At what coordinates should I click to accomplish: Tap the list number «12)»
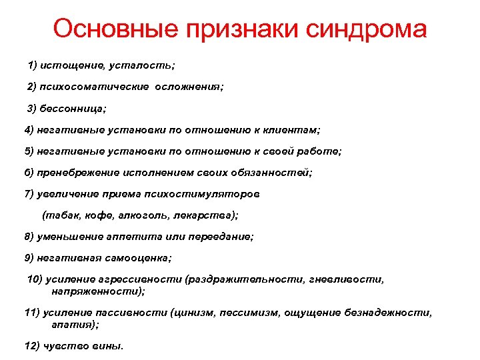click(31, 345)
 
